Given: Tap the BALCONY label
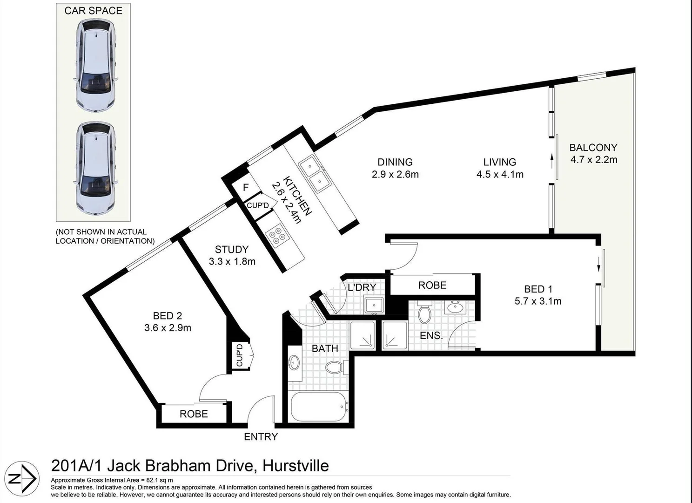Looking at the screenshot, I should click(593, 148).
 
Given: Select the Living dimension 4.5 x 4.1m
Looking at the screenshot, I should click(500, 175).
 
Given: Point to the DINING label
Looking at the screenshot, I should click(395, 162).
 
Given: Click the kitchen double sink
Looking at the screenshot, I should click(315, 174).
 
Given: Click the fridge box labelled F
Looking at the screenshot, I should click(246, 187).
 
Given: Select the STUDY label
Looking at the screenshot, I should click(232, 249).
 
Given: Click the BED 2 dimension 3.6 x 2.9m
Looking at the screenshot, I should click(168, 328).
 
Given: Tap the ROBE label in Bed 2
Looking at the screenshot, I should click(194, 414).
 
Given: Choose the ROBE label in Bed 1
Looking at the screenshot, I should click(432, 285).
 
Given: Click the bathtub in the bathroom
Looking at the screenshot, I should click(319, 407).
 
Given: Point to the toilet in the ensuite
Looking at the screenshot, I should click(424, 313).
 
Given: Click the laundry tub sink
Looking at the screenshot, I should click(373, 306).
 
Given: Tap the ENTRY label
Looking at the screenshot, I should click(261, 437).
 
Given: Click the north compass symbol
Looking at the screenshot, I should click(24, 478).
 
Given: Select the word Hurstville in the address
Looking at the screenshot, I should click(296, 466).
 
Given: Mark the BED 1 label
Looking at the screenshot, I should click(538, 289).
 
